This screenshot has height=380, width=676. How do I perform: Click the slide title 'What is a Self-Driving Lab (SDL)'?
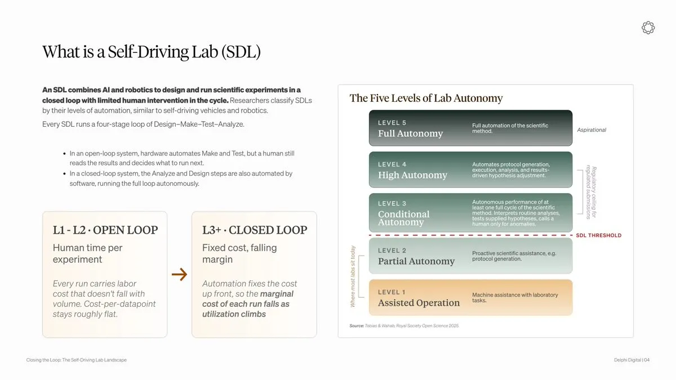click(x=151, y=52)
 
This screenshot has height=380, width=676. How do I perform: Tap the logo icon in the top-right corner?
click(x=648, y=28)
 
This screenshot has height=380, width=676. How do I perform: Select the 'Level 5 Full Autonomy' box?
click(x=470, y=128)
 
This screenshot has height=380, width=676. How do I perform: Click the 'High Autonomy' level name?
click(x=412, y=175)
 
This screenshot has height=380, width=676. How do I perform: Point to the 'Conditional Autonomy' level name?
click(x=404, y=218)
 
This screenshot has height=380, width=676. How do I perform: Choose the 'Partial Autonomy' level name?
click(x=416, y=261)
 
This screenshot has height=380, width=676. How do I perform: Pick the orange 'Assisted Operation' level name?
click(x=419, y=303)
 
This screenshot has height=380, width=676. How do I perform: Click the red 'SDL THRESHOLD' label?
click(x=599, y=235)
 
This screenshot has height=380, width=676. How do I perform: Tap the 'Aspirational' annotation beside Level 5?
click(x=591, y=130)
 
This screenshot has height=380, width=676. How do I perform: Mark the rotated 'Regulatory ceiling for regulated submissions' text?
click(x=591, y=192)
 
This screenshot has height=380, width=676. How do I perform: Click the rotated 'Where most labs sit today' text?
click(x=353, y=276)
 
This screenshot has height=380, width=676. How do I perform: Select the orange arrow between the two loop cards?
click(x=179, y=274)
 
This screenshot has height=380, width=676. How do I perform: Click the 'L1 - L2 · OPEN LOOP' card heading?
click(x=105, y=230)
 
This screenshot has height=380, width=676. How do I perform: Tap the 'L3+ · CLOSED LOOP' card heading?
click(x=255, y=230)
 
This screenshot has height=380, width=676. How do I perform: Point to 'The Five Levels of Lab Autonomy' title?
click(x=426, y=99)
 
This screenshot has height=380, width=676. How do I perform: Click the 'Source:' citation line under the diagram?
click(x=404, y=326)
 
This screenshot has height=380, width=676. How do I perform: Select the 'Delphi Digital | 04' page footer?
click(x=631, y=360)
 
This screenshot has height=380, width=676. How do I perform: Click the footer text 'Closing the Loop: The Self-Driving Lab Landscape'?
click(x=77, y=360)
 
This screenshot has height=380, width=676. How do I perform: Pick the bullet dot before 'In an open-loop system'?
click(x=64, y=154)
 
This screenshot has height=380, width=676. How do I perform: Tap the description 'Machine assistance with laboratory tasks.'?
click(x=515, y=298)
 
